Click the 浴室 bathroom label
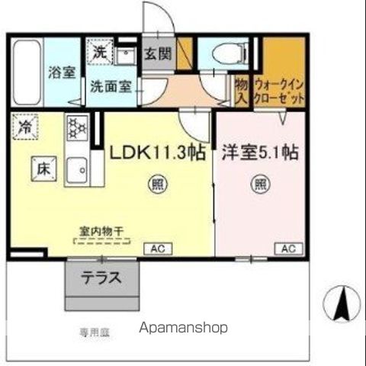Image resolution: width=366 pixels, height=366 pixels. tap(61, 73)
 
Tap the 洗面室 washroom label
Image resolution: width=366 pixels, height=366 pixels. tap(112, 86)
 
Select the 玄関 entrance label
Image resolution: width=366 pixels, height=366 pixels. tap(159, 54)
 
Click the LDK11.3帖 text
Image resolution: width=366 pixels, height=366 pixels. tap(158, 152)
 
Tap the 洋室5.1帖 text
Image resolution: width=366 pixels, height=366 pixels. tap(259, 152)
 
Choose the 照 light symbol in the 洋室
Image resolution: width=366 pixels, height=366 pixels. tap(259, 183)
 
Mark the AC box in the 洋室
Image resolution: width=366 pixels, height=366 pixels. tap(289, 249)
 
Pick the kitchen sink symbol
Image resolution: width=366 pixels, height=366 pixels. tap(77, 172)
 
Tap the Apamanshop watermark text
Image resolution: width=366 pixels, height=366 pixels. tap(185, 328)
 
